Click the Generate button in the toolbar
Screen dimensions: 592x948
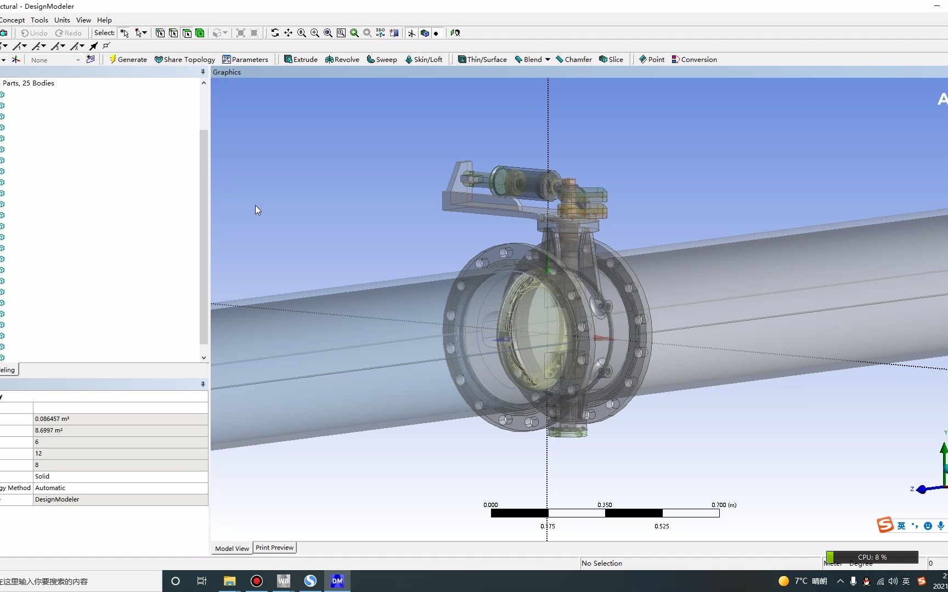[128, 60]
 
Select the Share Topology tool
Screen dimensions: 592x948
[185, 60]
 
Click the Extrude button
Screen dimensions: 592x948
[301, 60]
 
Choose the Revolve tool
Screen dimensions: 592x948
[342, 60]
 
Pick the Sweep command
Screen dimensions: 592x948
[382, 60]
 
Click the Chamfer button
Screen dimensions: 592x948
[574, 60]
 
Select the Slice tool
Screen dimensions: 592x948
[611, 60]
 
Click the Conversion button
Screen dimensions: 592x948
[695, 60]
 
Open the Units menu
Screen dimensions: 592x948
[62, 20]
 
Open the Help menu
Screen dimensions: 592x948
[104, 20]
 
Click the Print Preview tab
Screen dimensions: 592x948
[274, 548]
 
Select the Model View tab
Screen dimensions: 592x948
[232, 548]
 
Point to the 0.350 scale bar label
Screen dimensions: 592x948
[605, 505]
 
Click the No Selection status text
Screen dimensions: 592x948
[601, 563]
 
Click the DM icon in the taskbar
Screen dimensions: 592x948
[337, 581]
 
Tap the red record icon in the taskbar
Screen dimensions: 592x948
[256, 581]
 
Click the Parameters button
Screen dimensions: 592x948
[245, 60]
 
